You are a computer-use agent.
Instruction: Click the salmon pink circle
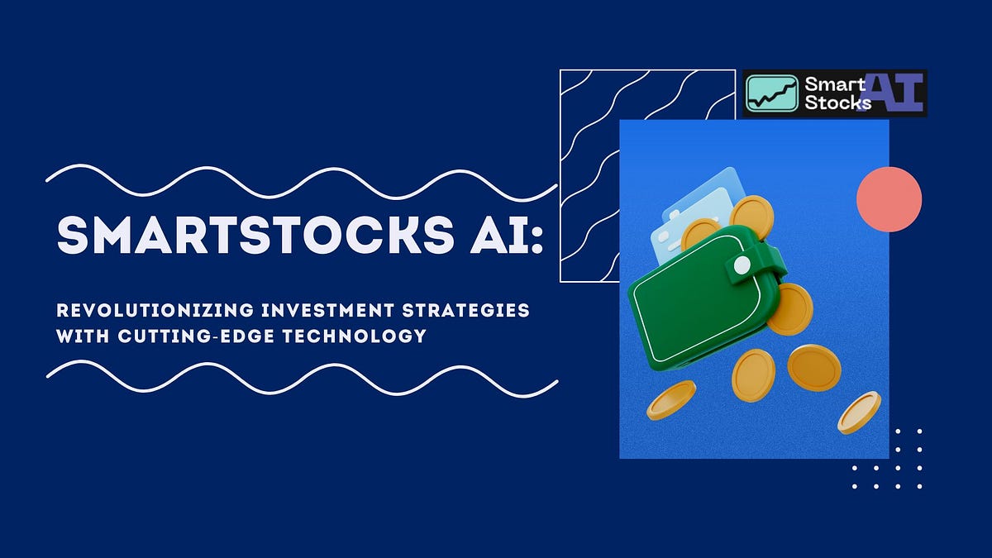[x=889, y=198]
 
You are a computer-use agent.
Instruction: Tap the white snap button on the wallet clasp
[x=742, y=265]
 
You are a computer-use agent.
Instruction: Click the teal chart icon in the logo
[x=771, y=93]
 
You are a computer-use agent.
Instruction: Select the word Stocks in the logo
[x=837, y=103]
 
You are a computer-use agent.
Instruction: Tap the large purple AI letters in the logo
[x=896, y=92]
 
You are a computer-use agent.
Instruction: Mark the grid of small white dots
[x=887, y=458]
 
